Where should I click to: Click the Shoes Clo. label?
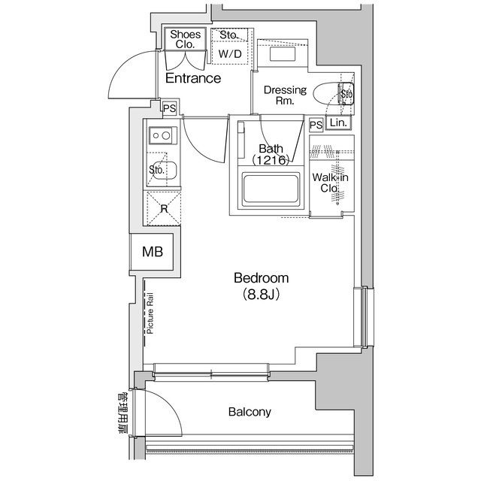point(184,39)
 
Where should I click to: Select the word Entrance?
point(193,78)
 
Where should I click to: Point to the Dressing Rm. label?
point(284,95)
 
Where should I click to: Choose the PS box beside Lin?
point(316,124)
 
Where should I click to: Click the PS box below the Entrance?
point(170,108)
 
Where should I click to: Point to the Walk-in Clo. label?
point(331,183)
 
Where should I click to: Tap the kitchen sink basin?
point(162,171)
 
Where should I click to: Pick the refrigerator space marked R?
point(162,207)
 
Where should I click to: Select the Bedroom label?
point(260,279)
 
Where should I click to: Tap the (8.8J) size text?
point(260,295)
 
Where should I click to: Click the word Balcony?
point(250,412)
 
